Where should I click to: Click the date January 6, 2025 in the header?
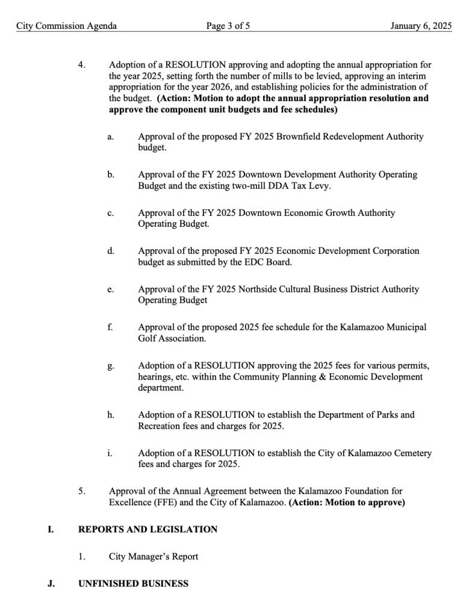420,26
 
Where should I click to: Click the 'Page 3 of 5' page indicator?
228,26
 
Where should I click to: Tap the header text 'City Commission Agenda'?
67,26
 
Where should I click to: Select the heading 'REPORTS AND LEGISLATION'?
148,529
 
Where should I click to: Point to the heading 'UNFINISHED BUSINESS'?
133,584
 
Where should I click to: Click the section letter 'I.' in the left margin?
51,529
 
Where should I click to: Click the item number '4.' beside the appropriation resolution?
82,64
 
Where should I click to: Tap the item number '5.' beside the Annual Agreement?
82,491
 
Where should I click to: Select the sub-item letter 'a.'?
111,137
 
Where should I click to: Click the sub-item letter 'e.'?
111,289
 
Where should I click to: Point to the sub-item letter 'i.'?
110,453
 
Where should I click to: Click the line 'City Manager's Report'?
154,556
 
